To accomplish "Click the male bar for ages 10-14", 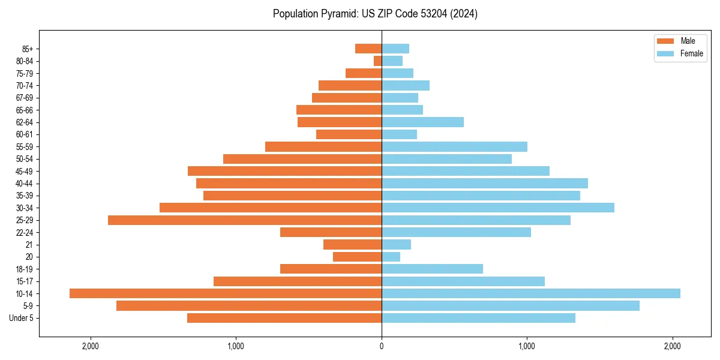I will pos(226,293).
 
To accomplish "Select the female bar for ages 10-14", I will pos(531,293).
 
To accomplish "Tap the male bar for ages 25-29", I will pos(245,220).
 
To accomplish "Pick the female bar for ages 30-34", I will pos(498,208).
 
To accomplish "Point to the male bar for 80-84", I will pos(378,61).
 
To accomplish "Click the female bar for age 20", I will pos(391,257).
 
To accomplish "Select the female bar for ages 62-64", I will pos(423,122).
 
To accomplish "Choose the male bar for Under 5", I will pos(284,318).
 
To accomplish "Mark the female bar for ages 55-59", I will pos(455,147).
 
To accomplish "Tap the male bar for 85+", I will pos(368,49).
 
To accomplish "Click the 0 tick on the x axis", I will pos(382,346).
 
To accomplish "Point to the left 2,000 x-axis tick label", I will pos(91,346).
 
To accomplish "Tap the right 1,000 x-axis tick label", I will pos(527,346).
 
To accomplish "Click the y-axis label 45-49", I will pos(24,172).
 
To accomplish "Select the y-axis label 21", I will pos(29,245).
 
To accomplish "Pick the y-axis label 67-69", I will pos(24,98).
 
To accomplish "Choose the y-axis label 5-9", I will pos(27,306).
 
